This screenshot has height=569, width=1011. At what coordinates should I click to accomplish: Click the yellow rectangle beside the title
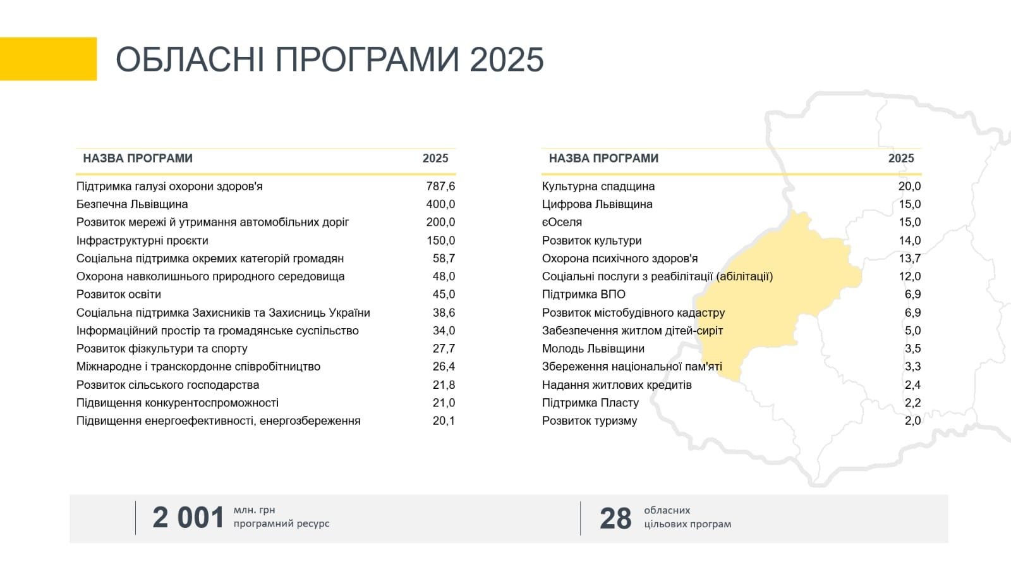point(48,59)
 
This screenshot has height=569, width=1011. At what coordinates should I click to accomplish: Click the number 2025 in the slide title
point(506,59)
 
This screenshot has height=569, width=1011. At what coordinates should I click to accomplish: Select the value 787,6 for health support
point(440,186)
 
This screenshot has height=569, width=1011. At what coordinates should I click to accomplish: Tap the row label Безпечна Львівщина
point(132,204)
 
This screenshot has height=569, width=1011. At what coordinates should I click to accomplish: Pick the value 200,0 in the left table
point(440,222)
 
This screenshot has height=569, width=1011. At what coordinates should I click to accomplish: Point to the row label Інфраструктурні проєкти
point(142,241)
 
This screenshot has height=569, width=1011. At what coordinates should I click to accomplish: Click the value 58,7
point(444,259)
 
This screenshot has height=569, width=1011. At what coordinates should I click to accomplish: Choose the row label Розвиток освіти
point(119,295)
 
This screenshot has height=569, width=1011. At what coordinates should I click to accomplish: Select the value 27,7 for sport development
point(444,348)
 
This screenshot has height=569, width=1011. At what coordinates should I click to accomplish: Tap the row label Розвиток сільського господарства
point(167,385)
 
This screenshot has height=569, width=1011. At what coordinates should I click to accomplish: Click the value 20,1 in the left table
point(444,421)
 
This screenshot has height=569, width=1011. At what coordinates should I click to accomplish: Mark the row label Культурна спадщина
point(598,187)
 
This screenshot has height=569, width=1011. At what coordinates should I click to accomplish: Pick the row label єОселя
point(562,222)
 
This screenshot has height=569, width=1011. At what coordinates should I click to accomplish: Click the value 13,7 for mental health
point(909,259)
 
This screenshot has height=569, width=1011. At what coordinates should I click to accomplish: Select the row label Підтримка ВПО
point(584,295)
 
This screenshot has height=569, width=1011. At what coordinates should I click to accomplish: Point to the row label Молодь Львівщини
point(593,348)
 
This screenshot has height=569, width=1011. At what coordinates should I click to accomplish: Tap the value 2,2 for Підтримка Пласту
point(912,403)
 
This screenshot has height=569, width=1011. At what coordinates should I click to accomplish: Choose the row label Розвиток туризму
point(590,421)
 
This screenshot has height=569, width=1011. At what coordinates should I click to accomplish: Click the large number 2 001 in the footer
point(188,518)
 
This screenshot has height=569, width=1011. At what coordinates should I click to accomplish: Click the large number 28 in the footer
point(615,518)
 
